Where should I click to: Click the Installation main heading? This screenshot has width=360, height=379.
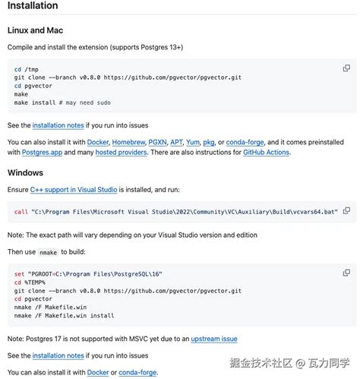[33, 6]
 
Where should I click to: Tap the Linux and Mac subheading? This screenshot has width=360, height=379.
[46, 30]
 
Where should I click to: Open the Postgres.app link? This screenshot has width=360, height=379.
[30, 153]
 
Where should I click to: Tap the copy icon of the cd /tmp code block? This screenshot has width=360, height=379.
[346, 68]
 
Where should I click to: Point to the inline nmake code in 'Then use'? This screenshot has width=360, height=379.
[49, 251]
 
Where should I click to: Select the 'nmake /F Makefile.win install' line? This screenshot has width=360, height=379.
[64, 314]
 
